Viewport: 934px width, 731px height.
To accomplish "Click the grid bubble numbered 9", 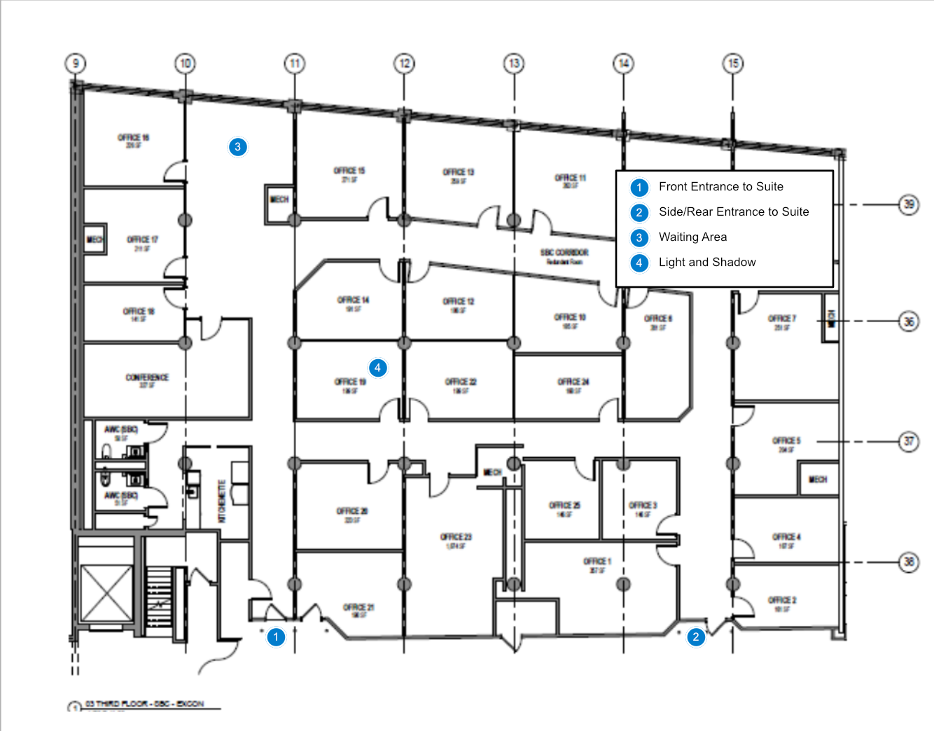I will click(76, 64).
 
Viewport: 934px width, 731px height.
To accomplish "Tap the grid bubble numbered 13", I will click(514, 64).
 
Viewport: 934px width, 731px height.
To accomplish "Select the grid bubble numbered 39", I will click(908, 204).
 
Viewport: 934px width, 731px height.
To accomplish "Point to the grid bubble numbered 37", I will click(908, 441).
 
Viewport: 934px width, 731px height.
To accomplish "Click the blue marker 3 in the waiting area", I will click(237, 147).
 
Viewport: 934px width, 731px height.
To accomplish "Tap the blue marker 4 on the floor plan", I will click(377, 368).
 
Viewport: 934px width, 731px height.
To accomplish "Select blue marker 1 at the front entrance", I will click(276, 637).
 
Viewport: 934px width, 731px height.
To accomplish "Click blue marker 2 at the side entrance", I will click(695, 637).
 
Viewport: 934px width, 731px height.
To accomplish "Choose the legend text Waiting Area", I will click(692, 237).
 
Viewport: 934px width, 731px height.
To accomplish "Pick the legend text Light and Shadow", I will click(707, 262).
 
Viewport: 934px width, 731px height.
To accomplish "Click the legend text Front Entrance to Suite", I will click(720, 186).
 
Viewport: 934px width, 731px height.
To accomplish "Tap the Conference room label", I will click(147, 377).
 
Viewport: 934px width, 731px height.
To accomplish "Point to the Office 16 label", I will click(133, 138).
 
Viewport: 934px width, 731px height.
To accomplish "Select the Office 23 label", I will click(456, 537).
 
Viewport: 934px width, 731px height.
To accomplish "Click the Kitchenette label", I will click(222, 501).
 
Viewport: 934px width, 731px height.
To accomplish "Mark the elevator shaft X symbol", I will click(106, 593).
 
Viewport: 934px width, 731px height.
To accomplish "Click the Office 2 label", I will click(782, 600).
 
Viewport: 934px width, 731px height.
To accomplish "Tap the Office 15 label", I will click(349, 171).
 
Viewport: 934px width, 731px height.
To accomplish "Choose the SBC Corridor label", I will click(564, 252).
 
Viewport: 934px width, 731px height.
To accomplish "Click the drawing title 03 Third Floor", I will click(144, 704).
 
